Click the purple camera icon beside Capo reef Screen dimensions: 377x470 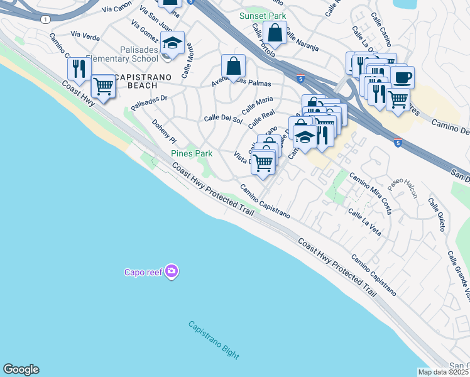click(x=172, y=271)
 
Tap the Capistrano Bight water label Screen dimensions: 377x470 click(x=214, y=340)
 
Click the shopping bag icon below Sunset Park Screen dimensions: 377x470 click(x=275, y=32)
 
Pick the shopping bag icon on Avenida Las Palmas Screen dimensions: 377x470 click(x=233, y=65)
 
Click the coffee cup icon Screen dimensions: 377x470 click(x=402, y=77)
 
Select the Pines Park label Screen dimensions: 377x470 click(x=192, y=153)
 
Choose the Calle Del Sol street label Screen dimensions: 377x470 click(x=223, y=119)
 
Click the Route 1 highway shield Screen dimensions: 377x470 click(x=45, y=19)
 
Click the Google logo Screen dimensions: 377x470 click(x=21, y=369)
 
